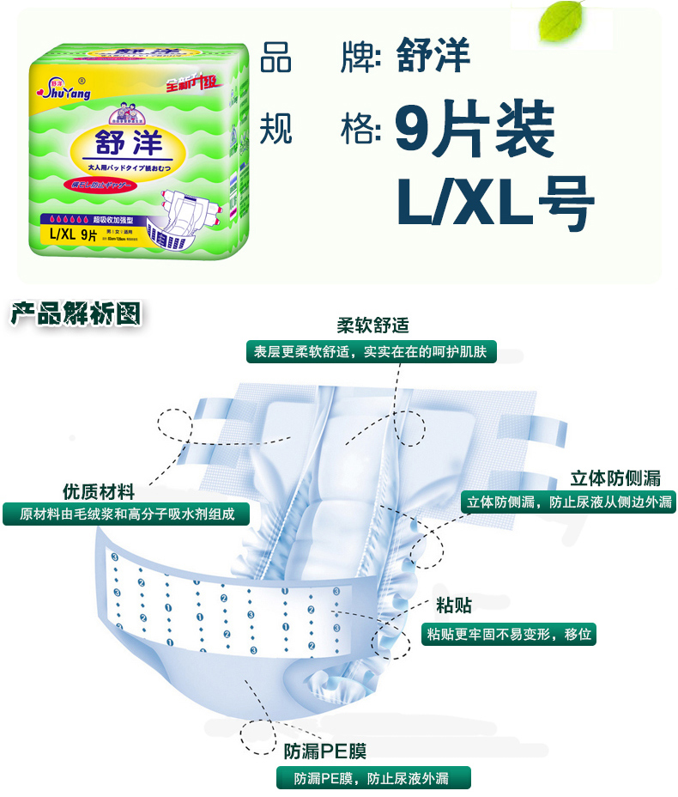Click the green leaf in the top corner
561,23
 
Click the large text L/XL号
495,202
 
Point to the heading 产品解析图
76,314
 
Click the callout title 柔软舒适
372,325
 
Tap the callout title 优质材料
99,491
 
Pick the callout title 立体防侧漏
615,478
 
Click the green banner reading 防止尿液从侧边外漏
568,502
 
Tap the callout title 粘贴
453,606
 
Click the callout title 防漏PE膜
325,752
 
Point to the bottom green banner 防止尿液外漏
373,778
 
